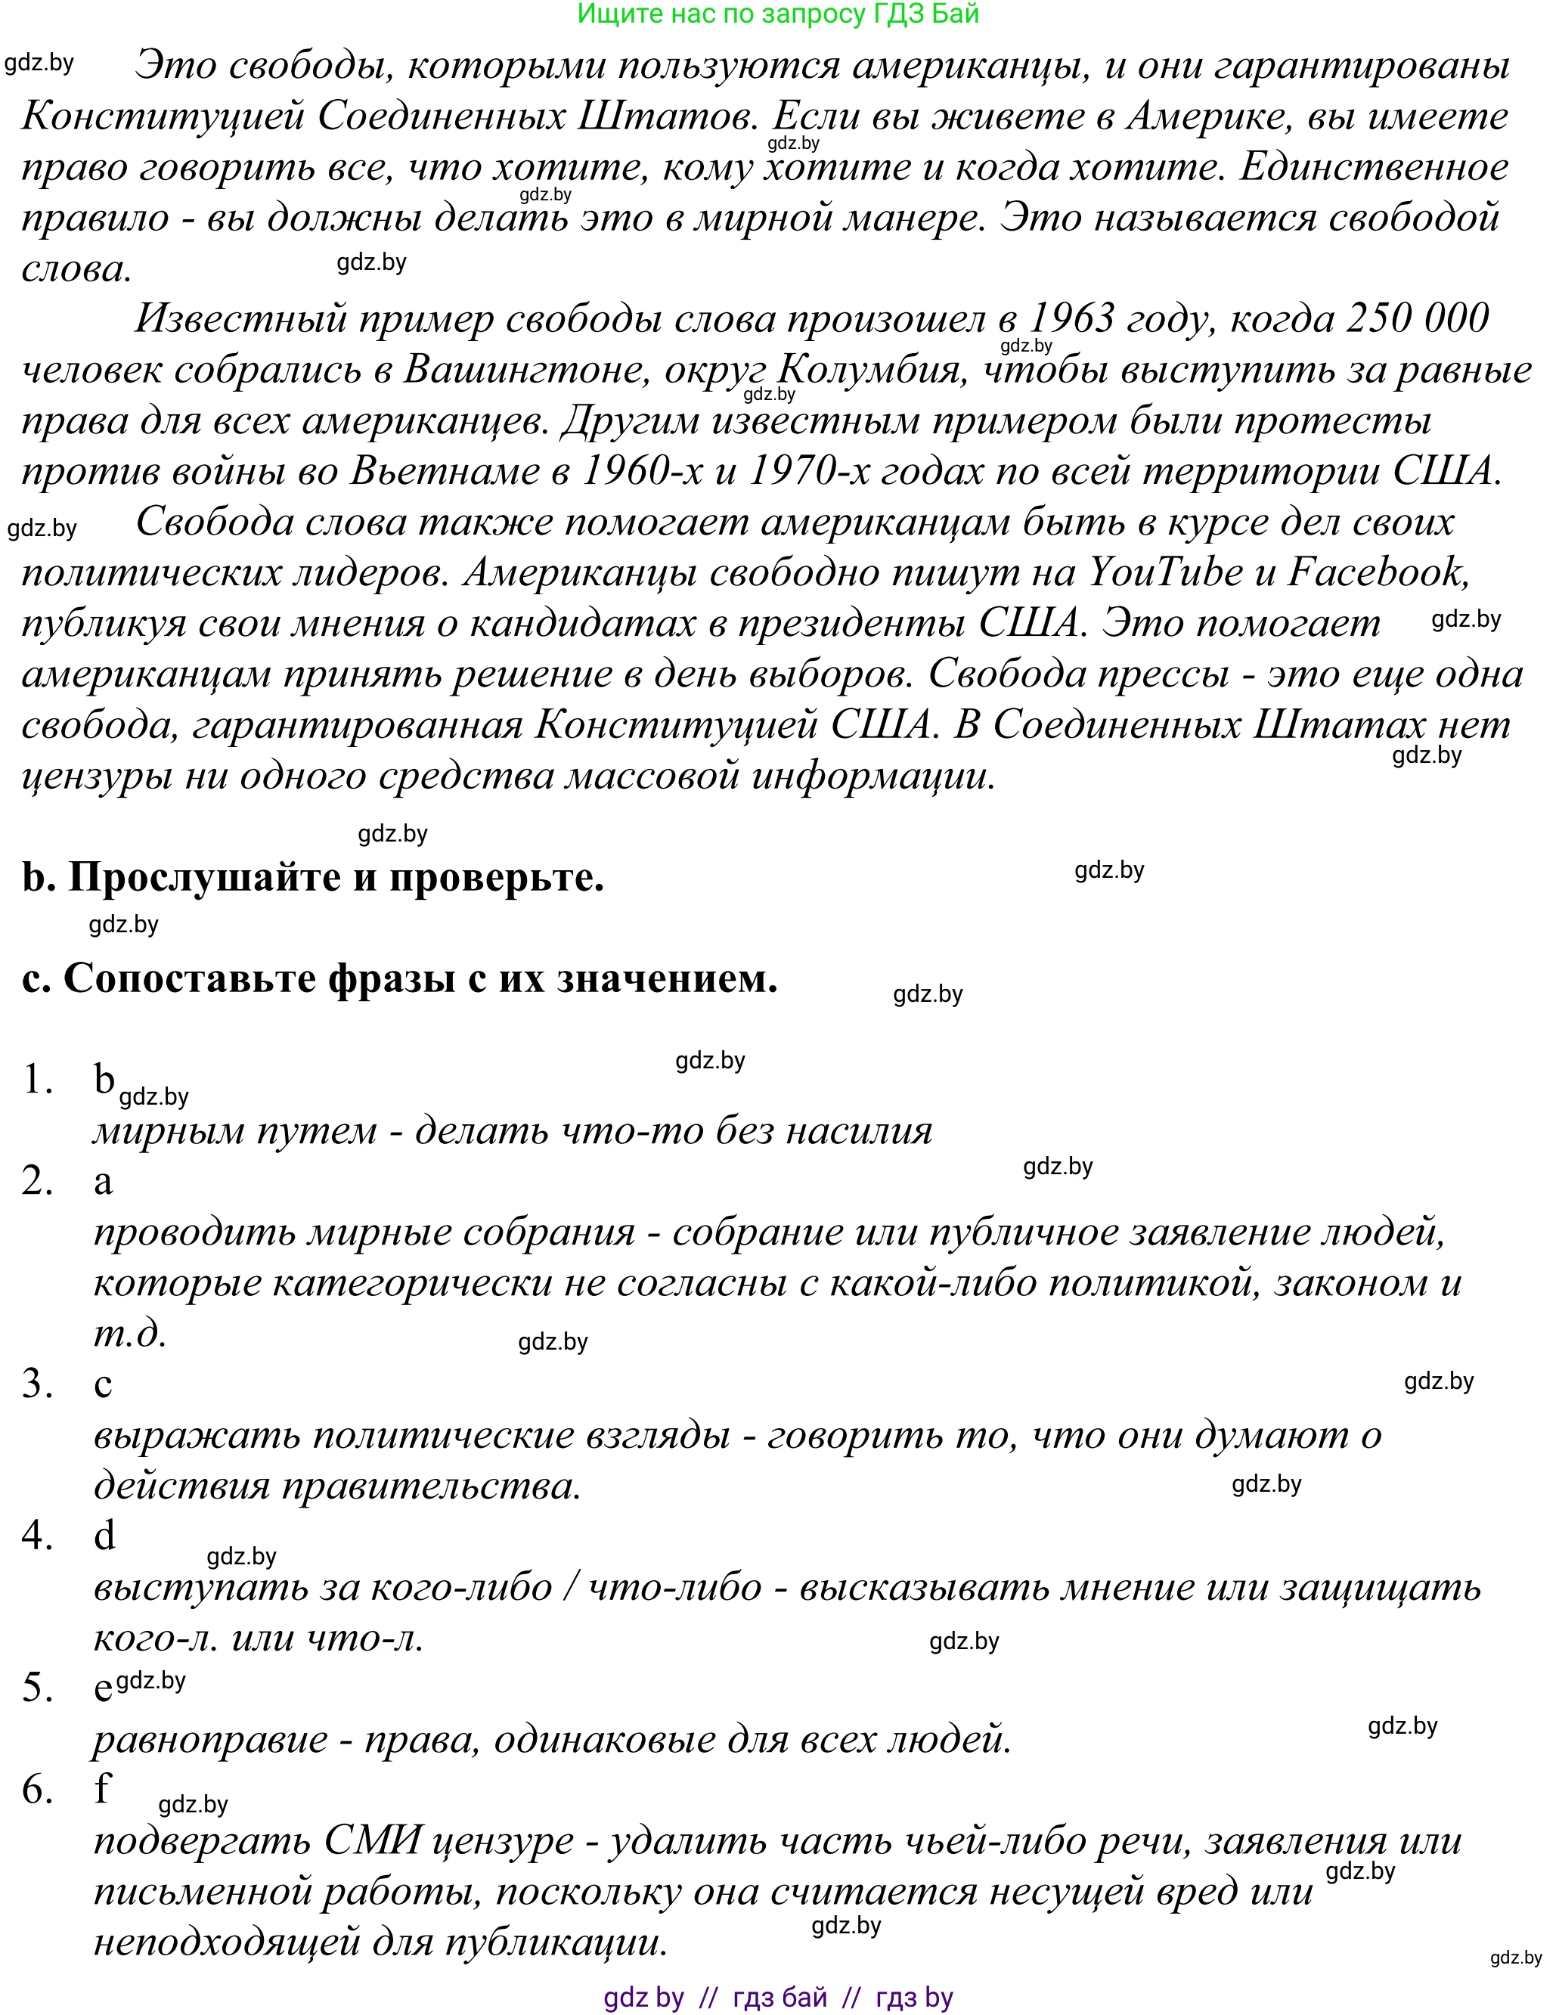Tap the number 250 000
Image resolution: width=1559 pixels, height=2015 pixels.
coord(1417,318)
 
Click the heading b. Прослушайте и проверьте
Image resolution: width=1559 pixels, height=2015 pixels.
coord(313,876)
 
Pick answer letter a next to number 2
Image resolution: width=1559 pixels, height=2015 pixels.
coord(104,1181)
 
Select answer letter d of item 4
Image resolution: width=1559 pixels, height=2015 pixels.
coord(104,1535)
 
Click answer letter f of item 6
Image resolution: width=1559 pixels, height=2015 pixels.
coord(102,1789)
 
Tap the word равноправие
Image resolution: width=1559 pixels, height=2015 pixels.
coord(210,1739)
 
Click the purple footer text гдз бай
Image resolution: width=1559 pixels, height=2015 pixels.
coord(779,1998)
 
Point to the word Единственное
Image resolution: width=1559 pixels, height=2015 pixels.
coord(1374,167)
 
